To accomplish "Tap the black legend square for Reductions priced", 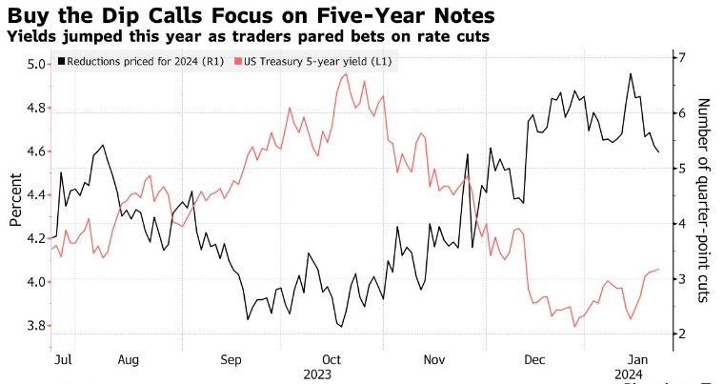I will (62, 61).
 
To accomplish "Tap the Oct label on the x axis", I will (331, 360).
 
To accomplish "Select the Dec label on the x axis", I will (535, 360).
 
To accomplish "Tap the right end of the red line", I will (659, 270).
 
